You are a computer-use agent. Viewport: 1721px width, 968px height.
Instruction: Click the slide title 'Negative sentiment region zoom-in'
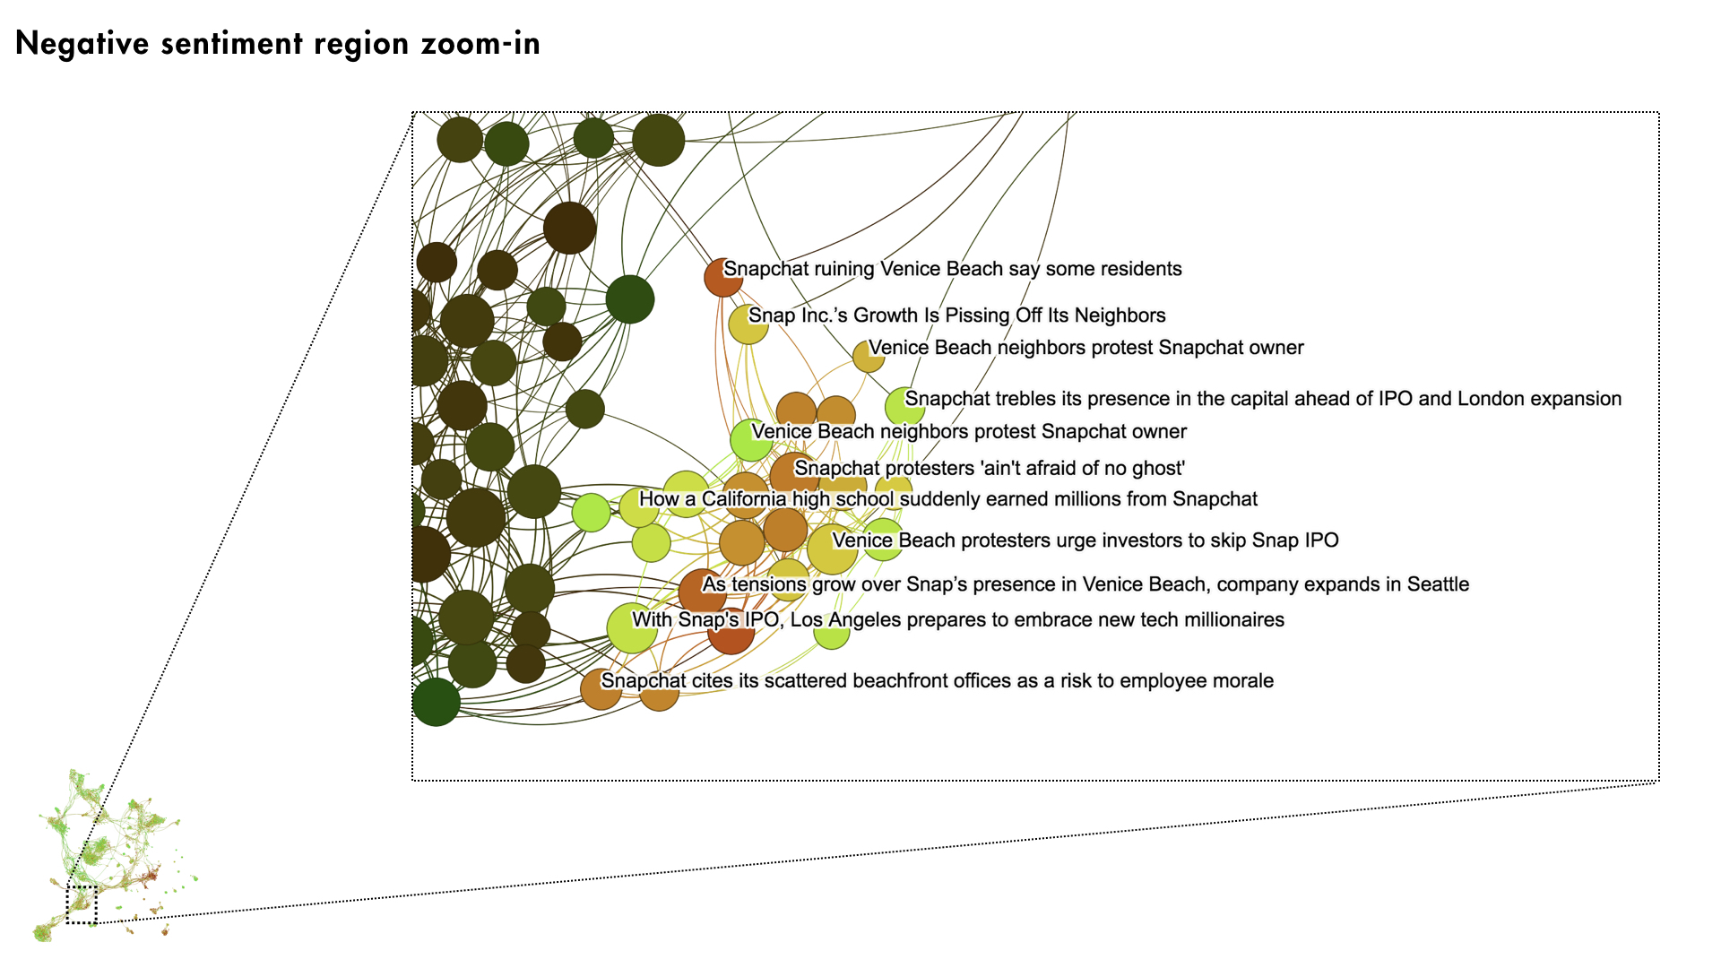click(x=278, y=44)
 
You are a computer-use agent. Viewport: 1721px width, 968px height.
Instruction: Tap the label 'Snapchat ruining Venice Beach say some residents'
click(x=953, y=269)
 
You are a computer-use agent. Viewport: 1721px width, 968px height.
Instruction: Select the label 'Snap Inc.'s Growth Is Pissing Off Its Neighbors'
click(x=957, y=315)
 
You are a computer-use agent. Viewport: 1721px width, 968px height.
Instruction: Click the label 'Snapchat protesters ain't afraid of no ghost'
click(x=990, y=468)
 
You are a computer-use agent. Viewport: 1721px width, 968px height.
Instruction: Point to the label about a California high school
click(x=948, y=499)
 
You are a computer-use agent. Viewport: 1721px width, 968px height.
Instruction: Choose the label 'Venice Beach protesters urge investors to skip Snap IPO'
click(x=1085, y=540)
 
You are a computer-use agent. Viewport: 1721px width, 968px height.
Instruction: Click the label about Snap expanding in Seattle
click(x=1085, y=584)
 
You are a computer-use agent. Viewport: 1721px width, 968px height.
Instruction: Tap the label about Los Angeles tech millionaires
click(x=958, y=619)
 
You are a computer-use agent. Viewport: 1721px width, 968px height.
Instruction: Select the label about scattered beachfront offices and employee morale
click(x=938, y=681)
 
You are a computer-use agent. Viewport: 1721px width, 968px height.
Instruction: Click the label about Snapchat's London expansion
click(x=1263, y=399)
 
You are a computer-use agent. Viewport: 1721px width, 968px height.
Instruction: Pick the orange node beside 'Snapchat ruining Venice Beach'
click(x=723, y=277)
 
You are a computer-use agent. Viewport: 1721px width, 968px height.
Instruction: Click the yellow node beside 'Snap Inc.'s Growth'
click(x=748, y=324)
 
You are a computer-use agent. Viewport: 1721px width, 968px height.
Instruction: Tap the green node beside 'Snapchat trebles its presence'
click(x=904, y=407)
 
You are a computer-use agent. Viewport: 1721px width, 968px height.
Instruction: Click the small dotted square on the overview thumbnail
click(x=82, y=904)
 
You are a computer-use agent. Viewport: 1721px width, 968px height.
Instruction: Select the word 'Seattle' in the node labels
click(x=1438, y=584)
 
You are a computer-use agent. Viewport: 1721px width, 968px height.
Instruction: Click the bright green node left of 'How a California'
click(x=592, y=513)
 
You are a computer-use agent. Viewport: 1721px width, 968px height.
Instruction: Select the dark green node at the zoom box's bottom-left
click(x=437, y=702)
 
